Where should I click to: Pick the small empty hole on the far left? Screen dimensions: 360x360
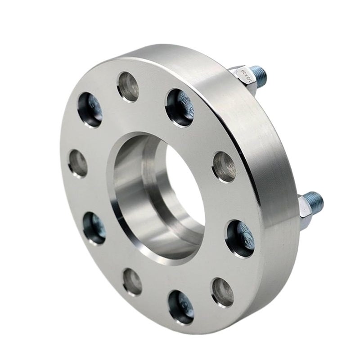(x=79, y=162)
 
